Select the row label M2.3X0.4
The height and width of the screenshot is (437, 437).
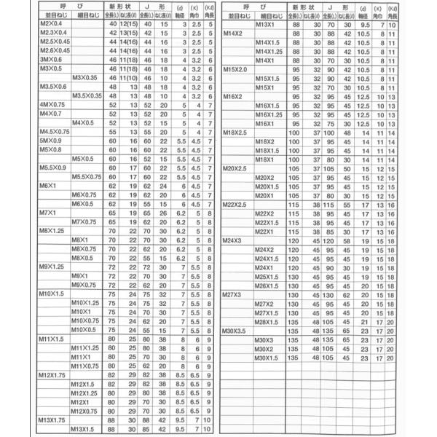[53, 34]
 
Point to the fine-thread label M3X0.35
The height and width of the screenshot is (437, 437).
[85, 77]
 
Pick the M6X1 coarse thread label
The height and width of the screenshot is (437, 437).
[48, 186]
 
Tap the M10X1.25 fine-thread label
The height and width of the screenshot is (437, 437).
[86, 303]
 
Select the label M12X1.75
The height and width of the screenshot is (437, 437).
[52, 375]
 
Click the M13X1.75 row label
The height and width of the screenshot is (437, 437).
[52, 420]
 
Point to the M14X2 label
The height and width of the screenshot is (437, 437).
[232, 34]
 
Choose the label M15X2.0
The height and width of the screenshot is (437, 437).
[235, 68]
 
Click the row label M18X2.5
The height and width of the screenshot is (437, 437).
[235, 132]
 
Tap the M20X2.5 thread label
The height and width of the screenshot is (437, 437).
[235, 168]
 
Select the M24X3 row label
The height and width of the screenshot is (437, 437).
[232, 240]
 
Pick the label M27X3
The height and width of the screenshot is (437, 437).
[232, 294]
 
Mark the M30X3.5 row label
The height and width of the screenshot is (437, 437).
[235, 331]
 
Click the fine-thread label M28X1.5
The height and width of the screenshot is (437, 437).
[268, 321]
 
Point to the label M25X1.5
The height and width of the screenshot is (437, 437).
[268, 277]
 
